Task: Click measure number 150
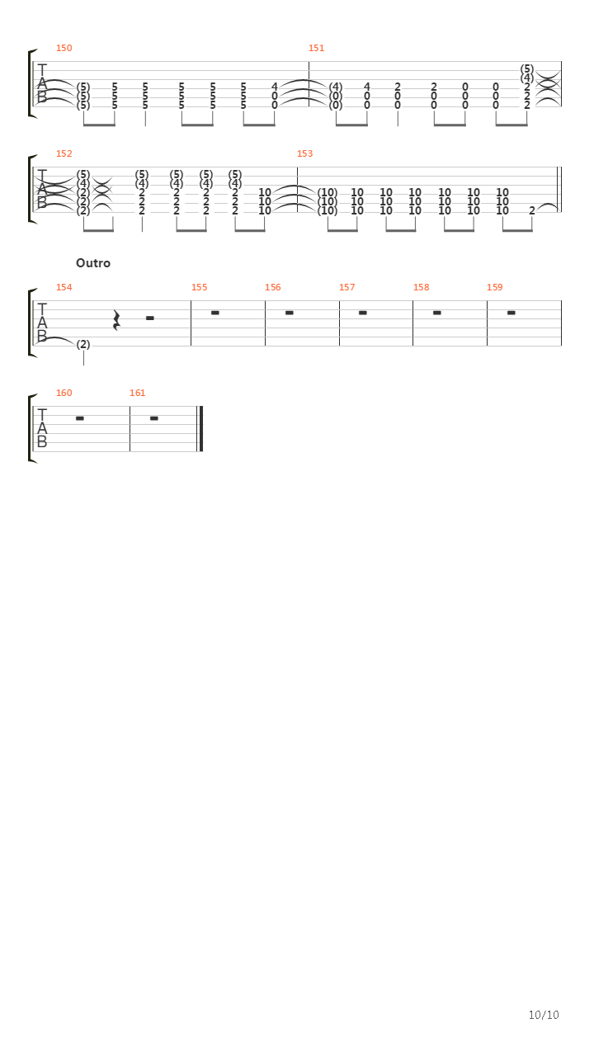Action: (x=64, y=48)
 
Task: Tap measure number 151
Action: (x=316, y=48)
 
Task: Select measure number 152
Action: (x=64, y=153)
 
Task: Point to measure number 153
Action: (x=305, y=153)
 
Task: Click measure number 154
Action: (x=64, y=288)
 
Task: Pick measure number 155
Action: (x=200, y=288)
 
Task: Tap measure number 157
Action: (x=347, y=288)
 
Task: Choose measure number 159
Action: (x=495, y=288)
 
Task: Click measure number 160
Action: (x=64, y=394)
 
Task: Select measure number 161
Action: (x=138, y=394)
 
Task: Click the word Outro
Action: (x=93, y=263)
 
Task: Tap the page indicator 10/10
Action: (x=544, y=1015)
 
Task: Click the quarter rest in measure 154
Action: (x=117, y=321)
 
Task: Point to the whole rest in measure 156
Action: (x=290, y=313)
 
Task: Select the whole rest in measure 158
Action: (x=437, y=313)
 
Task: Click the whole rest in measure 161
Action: (x=154, y=418)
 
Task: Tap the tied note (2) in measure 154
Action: (x=83, y=345)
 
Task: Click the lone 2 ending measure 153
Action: (x=532, y=210)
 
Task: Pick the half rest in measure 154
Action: (x=150, y=318)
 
